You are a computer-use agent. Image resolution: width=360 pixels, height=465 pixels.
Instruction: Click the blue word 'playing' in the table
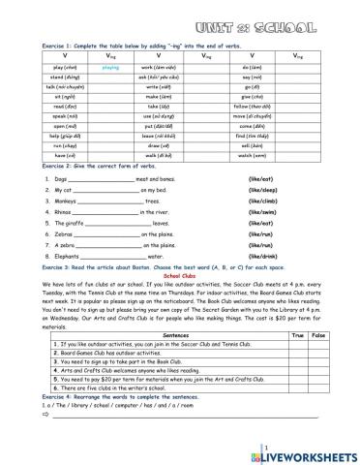tap(109, 67)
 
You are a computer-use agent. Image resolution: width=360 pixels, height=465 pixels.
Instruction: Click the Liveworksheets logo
tap(307, 451)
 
